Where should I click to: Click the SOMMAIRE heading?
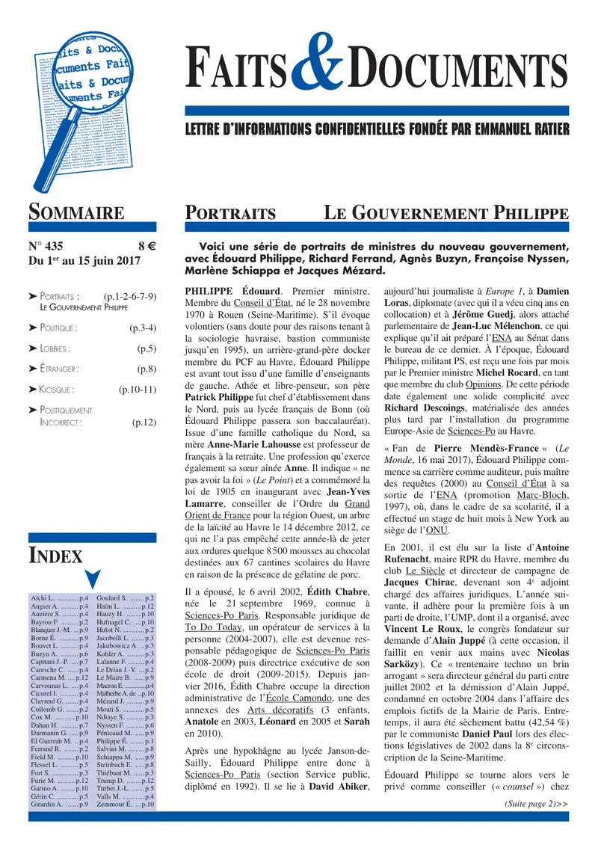(x=76, y=212)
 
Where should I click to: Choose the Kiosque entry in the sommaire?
(x=55, y=389)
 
